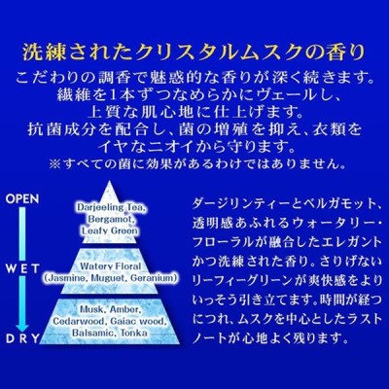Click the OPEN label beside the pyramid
(x=22, y=198)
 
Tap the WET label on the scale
(x=23, y=268)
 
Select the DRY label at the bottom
(x=22, y=339)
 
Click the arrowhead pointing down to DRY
(x=22, y=328)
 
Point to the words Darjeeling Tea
(x=111, y=207)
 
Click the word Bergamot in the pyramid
(x=111, y=219)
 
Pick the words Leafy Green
(x=110, y=230)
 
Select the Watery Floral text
(x=111, y=266)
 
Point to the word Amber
(x=125, y=309)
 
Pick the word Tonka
(x=134, y=333)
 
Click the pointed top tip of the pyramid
(x=110, y=181)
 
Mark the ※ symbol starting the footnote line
(x=53, y=164)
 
